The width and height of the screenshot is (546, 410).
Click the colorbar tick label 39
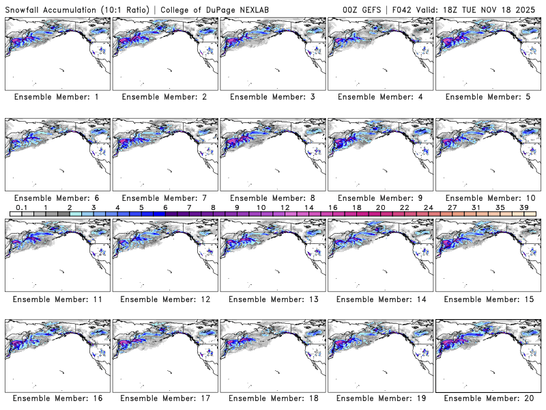pyautogui.click(x=524, y=206)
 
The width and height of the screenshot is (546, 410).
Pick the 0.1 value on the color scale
pyautogui.click(x=22, y=206)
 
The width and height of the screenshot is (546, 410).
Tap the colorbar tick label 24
pyautogui.click(x=428, y=206)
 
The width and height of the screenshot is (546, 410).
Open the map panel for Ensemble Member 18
pyautogui.click(x=272, y=355)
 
